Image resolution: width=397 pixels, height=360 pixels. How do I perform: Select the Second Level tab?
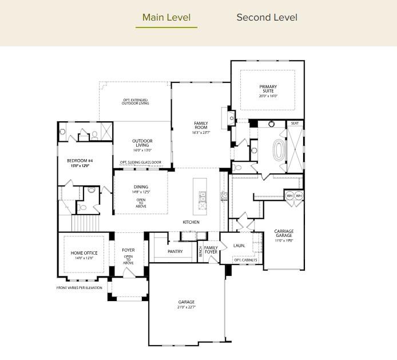click(267, 17)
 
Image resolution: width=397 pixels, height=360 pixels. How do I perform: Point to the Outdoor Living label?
click(142, 143)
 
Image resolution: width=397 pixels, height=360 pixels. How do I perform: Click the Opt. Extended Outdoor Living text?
click(135, 101)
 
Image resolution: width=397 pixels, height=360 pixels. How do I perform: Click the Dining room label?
click(141, 187)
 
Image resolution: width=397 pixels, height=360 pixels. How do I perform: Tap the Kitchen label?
click(190, 221)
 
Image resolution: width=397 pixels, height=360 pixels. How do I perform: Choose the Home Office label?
click(84, 253)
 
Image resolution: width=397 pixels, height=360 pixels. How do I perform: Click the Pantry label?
click(175, 251)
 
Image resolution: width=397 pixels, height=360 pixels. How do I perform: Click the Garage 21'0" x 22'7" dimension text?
click(186, 307)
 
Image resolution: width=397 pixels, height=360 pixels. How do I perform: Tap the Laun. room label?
click(239, 245)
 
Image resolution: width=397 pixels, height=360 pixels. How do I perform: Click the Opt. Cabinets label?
click(245, 260)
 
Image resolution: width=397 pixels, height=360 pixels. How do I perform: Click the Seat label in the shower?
click(295, 123)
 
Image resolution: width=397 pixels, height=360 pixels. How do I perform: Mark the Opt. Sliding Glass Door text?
click(140, 163)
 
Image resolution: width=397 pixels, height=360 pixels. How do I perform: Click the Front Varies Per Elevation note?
click(79, 287)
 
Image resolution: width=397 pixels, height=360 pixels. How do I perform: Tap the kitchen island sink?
click(202, 197)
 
